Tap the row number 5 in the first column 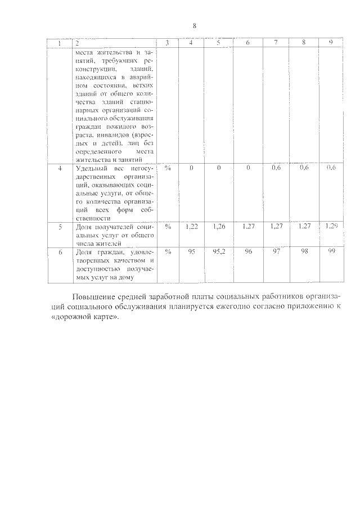tap(60, 226)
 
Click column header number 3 tap(168, 43)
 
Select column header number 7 tap(276, 43)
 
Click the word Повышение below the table tap(97, 297)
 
